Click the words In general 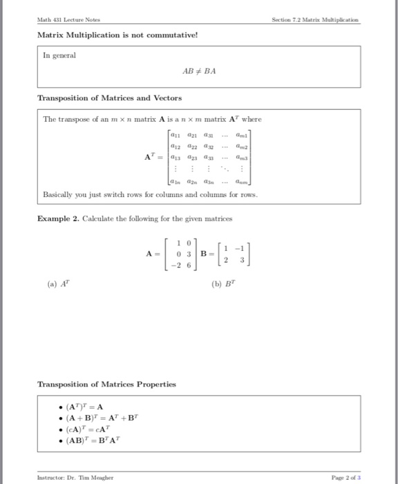pos(59,54)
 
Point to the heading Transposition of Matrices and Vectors pos(109,98)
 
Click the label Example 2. pos(59,219)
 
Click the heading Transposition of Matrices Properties pos(106,384)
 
